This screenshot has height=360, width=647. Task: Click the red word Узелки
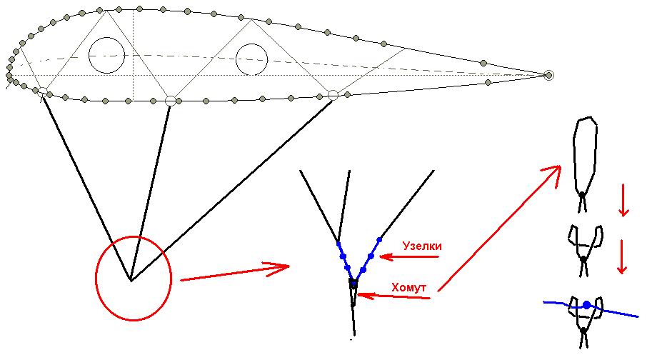click(x=422, y=246)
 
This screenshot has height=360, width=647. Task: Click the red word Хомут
click(x=408, y=287)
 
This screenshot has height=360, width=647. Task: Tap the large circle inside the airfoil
click(x=107, y=55)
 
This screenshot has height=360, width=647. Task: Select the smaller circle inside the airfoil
click(x=251, y=59)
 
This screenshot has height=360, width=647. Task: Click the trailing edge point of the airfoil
click(x=548, y=75)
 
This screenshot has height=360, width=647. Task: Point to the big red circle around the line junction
click(x=134, y=279)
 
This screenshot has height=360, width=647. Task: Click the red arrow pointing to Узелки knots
click(x=409, y=257)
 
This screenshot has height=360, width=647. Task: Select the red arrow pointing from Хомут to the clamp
click(x=394, y=296)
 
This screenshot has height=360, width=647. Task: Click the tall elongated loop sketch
click(x=585, y=164)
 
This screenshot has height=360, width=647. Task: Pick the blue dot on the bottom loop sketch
click(x=587, y=305)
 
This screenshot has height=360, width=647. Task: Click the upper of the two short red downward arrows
click(x=623, y=200)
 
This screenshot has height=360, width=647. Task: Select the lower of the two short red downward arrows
click(x=622, y=256)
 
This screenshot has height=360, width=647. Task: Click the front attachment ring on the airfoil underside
click(x=42, y=91)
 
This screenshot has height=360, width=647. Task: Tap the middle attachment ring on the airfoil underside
click(x=171, y=101)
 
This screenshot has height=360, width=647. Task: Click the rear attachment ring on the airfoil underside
click(x=333, y=96)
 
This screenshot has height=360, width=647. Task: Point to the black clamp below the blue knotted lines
click(x=353, y=284)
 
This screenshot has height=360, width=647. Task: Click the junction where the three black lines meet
click(x=131, y=281)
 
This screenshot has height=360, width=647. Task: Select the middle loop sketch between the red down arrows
click(x=586, y=250)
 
